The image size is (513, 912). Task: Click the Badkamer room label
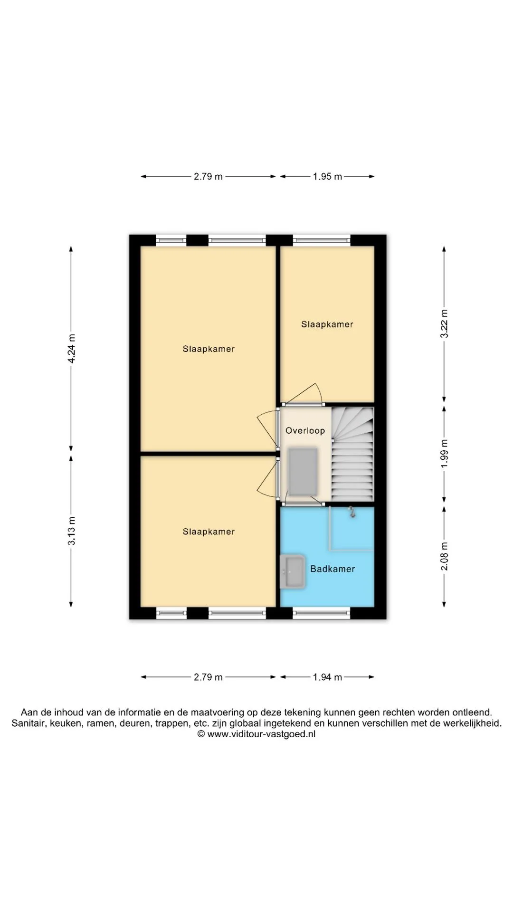[332, 569]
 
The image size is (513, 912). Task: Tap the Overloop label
[305, 430]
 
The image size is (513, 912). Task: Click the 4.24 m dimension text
[71, 349]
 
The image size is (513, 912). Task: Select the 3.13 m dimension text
[71, 531]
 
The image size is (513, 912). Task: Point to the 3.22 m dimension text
[444, 323]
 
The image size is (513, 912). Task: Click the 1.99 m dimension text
[444, 454]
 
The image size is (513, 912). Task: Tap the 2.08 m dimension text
[444, 556]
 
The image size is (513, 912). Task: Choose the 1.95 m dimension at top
[327, 177]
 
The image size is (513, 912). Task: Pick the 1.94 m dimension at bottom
[327, 677]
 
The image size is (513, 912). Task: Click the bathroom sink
[293, 571]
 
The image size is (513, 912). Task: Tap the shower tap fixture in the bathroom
[352, 512]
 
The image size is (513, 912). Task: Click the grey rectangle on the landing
[303, 472]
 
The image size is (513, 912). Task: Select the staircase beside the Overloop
[352, 454]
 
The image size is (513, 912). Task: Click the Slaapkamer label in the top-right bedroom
[327, 324]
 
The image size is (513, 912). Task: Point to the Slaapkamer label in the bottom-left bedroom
[209, 532]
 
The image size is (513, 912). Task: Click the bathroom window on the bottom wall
[322, 614]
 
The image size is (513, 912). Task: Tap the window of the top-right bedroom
[322, 240]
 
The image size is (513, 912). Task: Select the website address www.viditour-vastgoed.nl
[261, 734]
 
